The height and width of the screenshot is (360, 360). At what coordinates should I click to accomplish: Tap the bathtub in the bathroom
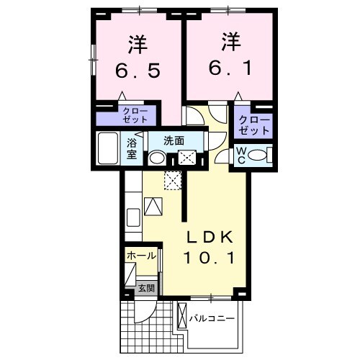pyautogui.click(x=109, y=149)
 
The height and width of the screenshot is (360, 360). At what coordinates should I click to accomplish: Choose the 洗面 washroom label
pyautogui.click(x=173, y=140)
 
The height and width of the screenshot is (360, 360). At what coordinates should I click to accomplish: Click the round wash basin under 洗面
pyautogui.click(x=158, y=158)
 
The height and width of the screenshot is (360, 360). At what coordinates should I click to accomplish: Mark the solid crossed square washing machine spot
pyautogui.click(x=188, y=158)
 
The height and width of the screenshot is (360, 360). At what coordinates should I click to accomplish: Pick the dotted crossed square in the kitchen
pyautogui.click(x=173, y=180)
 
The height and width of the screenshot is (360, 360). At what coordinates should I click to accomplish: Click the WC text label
pyautogui.click(x=241, y=155)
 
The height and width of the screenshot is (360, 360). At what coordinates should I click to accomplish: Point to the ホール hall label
pyautogui.click(x=140, y=256)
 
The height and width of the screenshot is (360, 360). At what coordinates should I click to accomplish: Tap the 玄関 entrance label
pyautogui.click(x=146, y=289)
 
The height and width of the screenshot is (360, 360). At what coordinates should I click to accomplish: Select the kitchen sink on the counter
pyautogui.click(x=133, y=217)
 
